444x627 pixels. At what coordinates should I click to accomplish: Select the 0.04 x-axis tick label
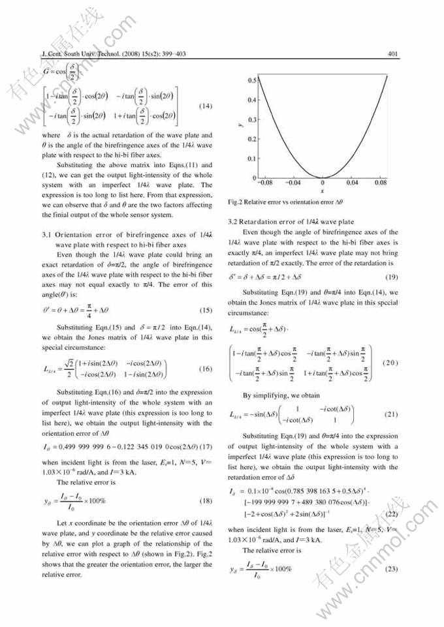(352, 184)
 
